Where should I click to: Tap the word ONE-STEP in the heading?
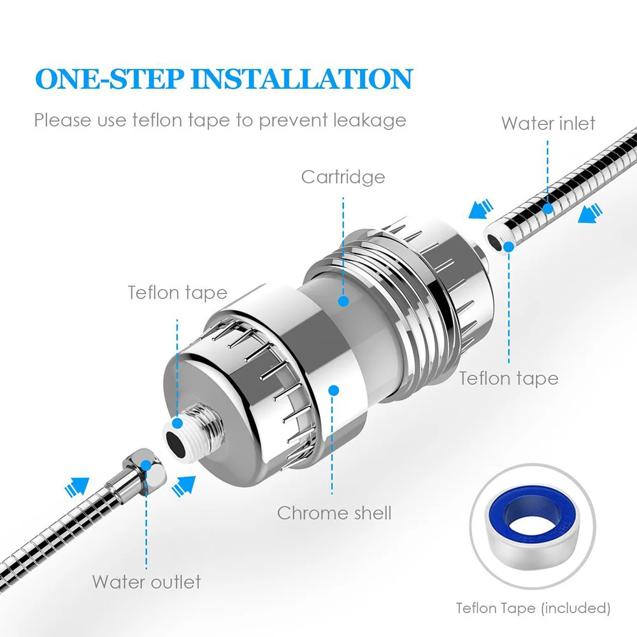coord(110,78)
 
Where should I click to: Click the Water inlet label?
coord(548,123)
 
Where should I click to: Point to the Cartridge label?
coord(343,177)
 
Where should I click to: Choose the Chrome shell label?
coord(334,513)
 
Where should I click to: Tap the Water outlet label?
coord(147,582)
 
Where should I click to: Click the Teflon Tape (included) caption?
coord(533,608)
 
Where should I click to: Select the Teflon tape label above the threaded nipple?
coord(178,292)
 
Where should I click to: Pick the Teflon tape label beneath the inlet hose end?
coord(508,378)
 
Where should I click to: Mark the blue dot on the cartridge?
coord(344,301)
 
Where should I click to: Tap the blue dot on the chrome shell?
coord(334,390)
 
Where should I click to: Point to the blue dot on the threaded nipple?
coord(178,424)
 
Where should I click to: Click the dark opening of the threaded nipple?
coord(176,443)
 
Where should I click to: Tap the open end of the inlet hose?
coord(496,242)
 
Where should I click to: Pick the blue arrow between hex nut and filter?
coord(183,485)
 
